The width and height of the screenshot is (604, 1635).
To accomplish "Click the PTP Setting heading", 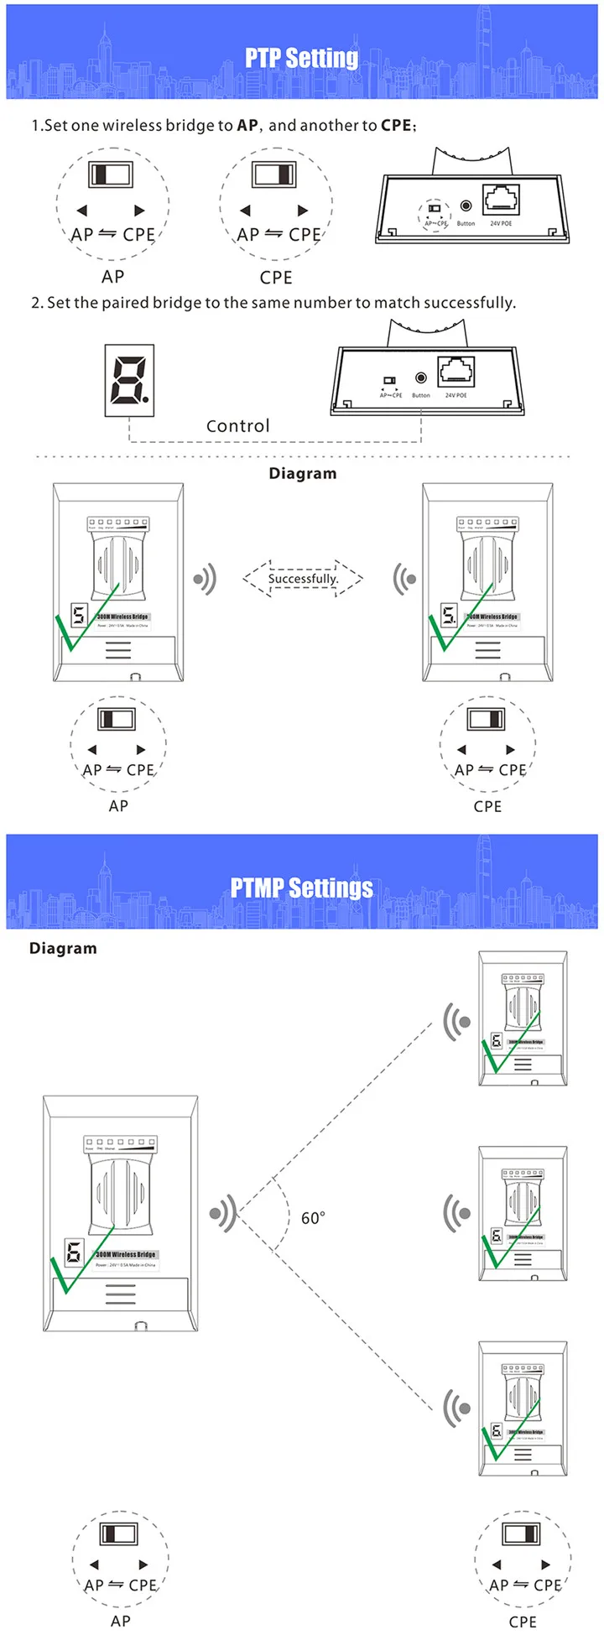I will pyautogui.click(x=301, y=58).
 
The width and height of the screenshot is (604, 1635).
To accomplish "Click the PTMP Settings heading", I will pyautogui.click(x=301, y=888).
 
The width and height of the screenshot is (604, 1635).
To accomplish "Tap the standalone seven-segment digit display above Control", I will pyautogui.click(x=128, y=380).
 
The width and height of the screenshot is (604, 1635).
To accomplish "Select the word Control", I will pyautogui.click(x=238, y=426).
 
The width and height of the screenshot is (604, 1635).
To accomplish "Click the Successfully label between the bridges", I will pyautogui.click(x=303, y=579).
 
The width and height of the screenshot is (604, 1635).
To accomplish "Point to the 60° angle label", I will pyautogui.click(x=313, y=1218).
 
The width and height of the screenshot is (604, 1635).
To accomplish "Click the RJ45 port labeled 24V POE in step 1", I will pyautogui.click(x=501, y=200).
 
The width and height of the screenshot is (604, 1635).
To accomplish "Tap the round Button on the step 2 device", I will pyautogui.click(x=421, y=378).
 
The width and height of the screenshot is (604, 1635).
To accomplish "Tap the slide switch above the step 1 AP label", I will pyautogui.click(x=112, y=174).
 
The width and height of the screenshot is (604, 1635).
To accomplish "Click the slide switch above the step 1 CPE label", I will pyautogui.click(x=274, y=174).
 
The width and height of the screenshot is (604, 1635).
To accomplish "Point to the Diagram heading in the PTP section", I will pyautogui.click(x=302, y=473).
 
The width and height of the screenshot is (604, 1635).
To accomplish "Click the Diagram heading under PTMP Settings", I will pyautogui.click(x=63, y=948).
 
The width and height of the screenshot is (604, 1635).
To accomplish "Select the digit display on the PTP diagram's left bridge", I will pyautogui.click(x=79, y=615).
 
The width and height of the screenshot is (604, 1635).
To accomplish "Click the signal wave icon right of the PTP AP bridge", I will pyautogui.click(x=205, y=579).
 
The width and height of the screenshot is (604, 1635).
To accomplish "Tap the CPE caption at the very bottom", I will pyautogui.click(x=522, y=1622).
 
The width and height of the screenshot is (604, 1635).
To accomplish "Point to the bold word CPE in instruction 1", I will pyautogui.click(x=396, y=125).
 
